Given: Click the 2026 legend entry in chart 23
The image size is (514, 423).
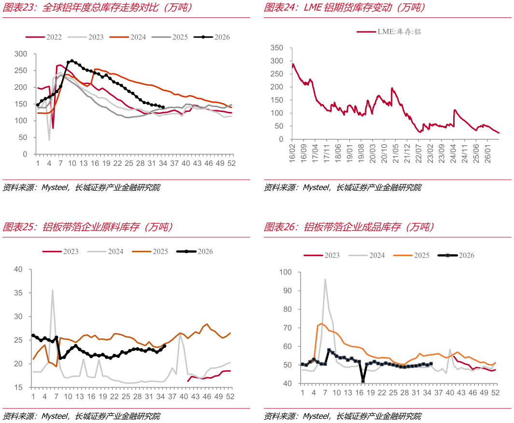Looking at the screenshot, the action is pyautogui.click(x=212, y=37).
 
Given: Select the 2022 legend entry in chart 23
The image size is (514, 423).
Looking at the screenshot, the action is pyautogui.click(x=43, y=37).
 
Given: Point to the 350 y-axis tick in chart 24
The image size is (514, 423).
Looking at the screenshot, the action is pyautogui.click(x=277, y=48).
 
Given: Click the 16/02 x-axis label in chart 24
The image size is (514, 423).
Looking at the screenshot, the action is pyautogui.click(x=292, y=153).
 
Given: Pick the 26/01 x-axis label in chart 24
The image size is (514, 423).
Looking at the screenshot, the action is pyautogui.click(x=488, y=153).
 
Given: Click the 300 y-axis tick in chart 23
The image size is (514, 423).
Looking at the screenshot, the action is pyautogui.click(x=21, y=54).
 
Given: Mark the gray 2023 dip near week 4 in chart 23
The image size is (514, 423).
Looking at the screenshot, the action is pyautogui.click(x=49, y=140).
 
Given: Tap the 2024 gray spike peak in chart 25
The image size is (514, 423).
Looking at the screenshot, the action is pyautogui.click(x=53, y=290).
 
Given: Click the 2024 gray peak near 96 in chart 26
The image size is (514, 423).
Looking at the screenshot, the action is pyautogui.click(x=325, y=279).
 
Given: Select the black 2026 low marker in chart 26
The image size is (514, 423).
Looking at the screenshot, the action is pyautogui.click(x=363, y=381).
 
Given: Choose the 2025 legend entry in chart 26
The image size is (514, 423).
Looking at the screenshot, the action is pyautogui.click(x=411, y=255).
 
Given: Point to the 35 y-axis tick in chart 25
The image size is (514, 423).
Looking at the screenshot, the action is pyautogui.click(x=18, y=293).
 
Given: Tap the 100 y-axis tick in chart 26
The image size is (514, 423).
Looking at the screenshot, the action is pyautogui.click(x=285, y=272).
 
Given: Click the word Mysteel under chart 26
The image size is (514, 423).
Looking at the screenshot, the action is pyautogui.click(x=316, y=416).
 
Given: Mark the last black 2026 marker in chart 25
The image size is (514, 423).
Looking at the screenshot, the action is pyautogui.click(x=165, y=346).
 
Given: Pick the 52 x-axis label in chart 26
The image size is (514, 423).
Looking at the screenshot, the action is pyautogui.click(x=495, y=393).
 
